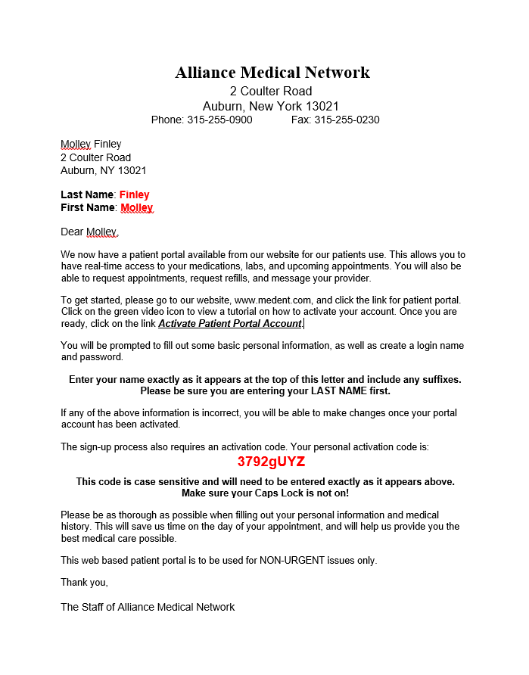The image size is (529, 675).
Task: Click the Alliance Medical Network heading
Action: tap(272, 73)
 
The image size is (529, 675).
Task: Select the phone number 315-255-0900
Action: tap(219, 120)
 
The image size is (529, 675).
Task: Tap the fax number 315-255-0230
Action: tap(347, 120)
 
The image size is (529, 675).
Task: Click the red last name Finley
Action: tap(135, 194)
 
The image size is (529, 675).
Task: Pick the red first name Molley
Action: tap(137, 207)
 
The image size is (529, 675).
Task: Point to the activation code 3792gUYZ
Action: tap(271, 462)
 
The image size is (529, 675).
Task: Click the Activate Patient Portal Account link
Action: tap(230, 324)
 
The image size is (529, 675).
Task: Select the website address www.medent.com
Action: tap(273, 300)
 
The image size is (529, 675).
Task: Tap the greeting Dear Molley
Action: tap(89, 232)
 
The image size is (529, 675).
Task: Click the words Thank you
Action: tap(84, 582)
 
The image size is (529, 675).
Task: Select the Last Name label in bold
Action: tap(87, 194)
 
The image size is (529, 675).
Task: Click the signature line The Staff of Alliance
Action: tap(148, 607)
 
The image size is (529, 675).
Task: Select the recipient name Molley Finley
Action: tap(91, 144)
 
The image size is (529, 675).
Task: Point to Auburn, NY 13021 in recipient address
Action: tap(103, 170)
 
